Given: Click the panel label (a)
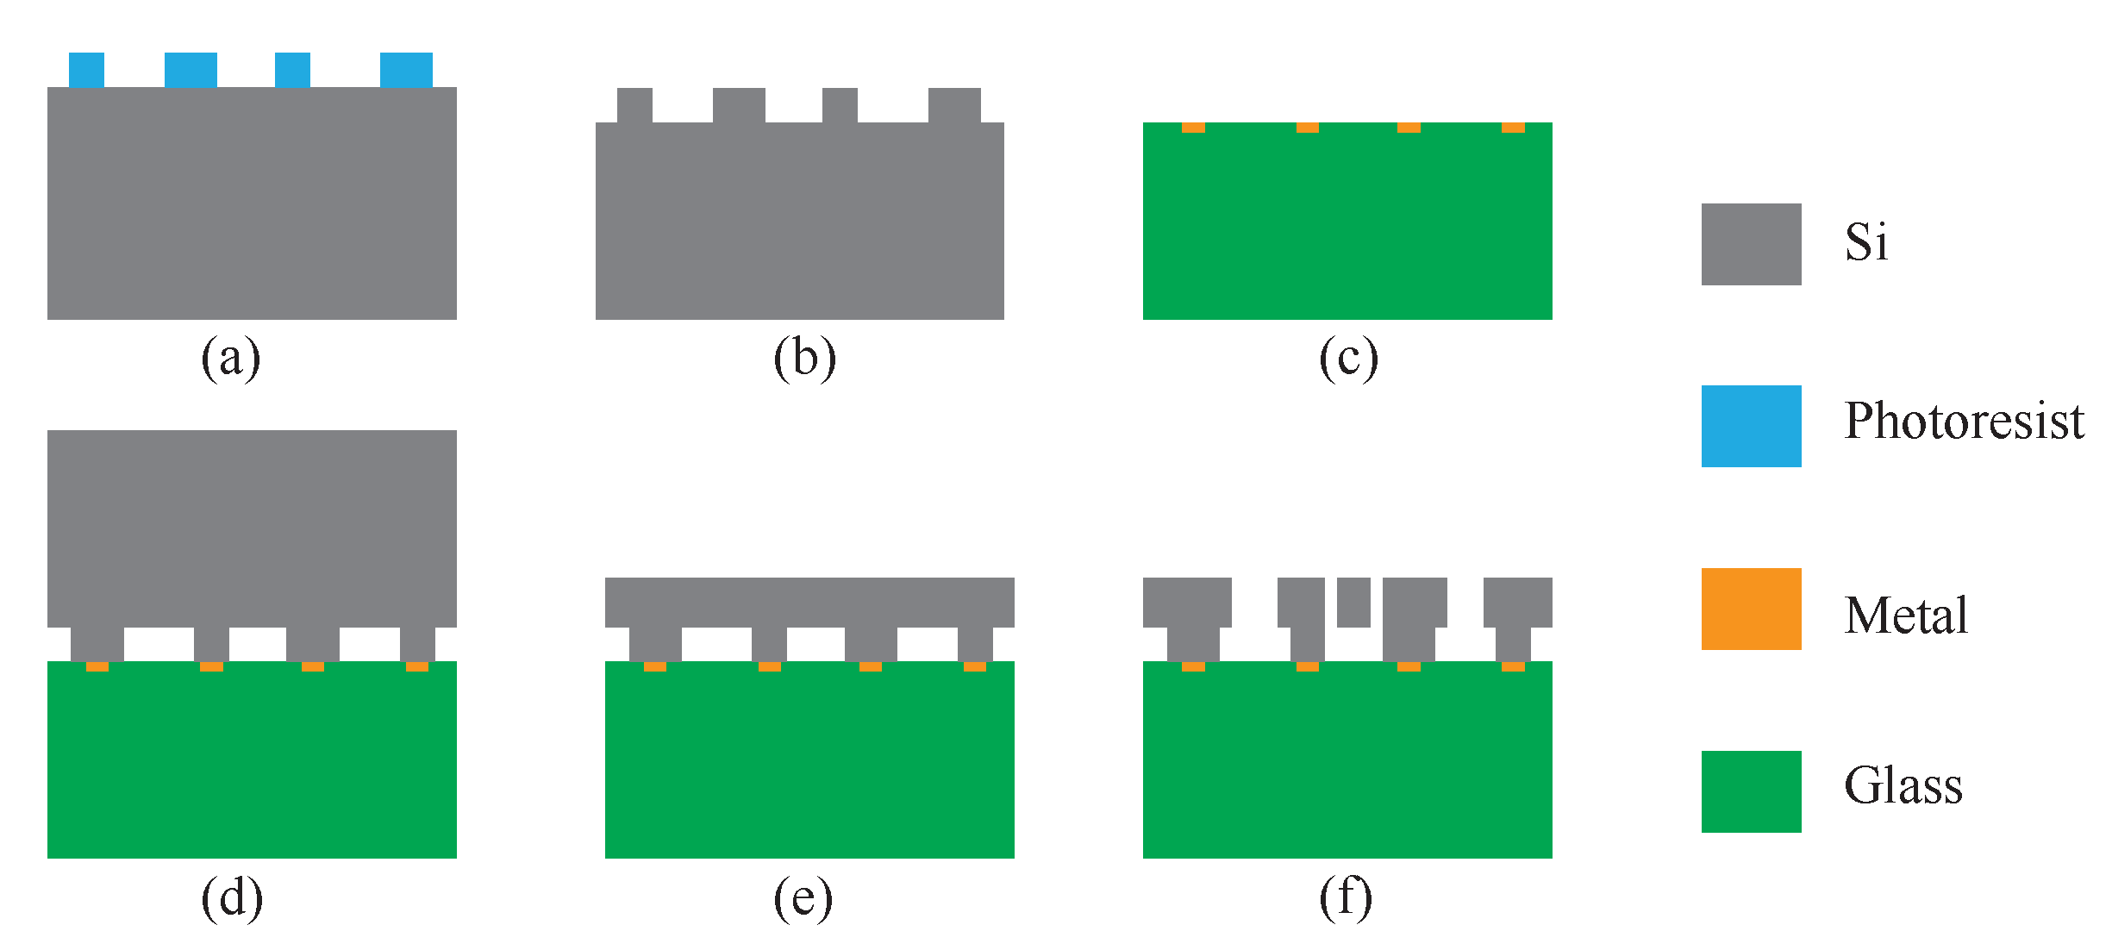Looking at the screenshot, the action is (x=230, y=358).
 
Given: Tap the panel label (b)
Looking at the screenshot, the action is (x=804, y=358).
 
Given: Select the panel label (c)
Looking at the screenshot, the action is (x=1348, y=358).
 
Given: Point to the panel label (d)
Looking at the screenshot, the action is (x=231, y=898).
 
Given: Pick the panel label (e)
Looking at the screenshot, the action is (x=803, y=898).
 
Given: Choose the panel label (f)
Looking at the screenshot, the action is (x=1346, y=898).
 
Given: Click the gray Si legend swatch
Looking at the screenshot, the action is (x=1751, y=244).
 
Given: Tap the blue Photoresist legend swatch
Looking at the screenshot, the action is (x=1751, y=426).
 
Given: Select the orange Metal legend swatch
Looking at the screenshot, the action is (x=1751, y=609).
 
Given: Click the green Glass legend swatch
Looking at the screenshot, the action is (x=1751, y=791).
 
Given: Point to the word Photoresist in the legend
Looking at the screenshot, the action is (x=1964, y=422).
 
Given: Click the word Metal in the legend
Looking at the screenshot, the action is (x=1906, y=616).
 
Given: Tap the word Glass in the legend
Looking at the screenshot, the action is (x=1903, y=785).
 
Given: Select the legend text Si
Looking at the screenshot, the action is (x=1866, y=242).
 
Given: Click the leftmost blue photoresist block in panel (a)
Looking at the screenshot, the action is (x=86, y=70).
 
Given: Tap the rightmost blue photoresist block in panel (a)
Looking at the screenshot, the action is (x=406, y=70).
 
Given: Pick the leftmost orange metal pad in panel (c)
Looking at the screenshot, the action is (x=1193, y=128).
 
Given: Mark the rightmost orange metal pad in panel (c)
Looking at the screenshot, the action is (x=1513, y=128).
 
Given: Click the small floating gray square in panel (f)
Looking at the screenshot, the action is (x=1353, y=602).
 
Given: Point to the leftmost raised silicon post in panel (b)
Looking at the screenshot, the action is (x=634, y=105).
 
